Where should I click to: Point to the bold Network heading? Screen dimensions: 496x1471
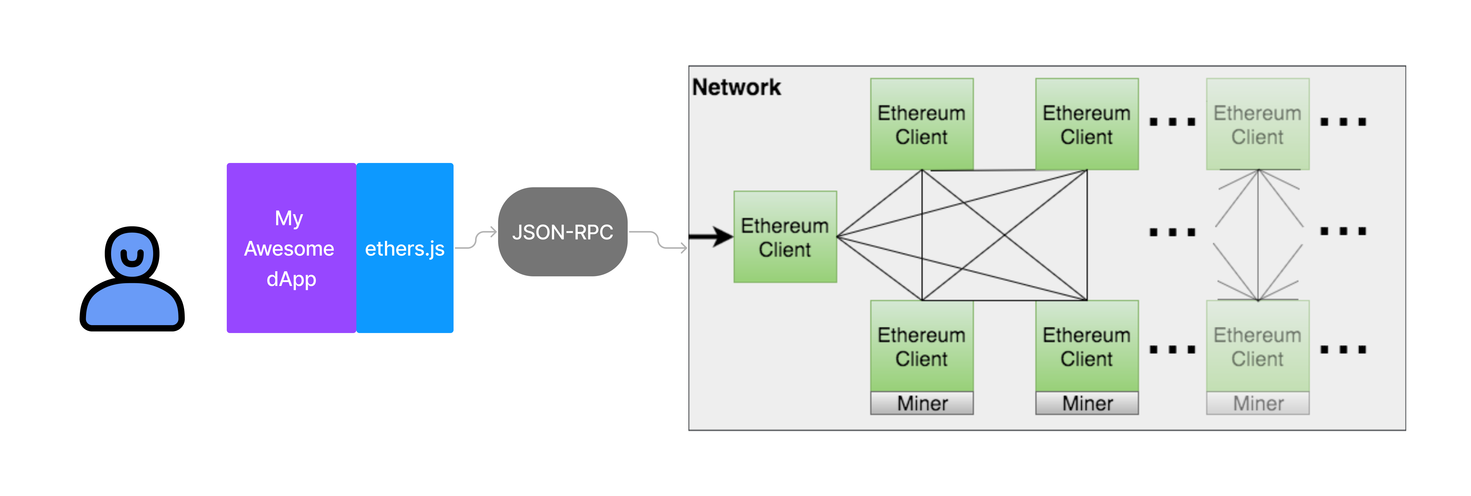coord(736,87)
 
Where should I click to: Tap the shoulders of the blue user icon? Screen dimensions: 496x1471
coord(132,305)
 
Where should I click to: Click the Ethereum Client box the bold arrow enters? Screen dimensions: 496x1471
coord(785,237)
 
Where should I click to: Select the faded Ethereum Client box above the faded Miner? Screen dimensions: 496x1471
coord(1257,346)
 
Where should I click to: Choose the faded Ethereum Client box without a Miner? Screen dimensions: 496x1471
coord(1257,124)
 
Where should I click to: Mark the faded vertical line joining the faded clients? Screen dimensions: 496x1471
coord(1258,234)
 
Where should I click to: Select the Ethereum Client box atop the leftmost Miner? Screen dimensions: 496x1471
coord(922,346)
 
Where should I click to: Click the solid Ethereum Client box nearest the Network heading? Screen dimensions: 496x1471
coord(922,124)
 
